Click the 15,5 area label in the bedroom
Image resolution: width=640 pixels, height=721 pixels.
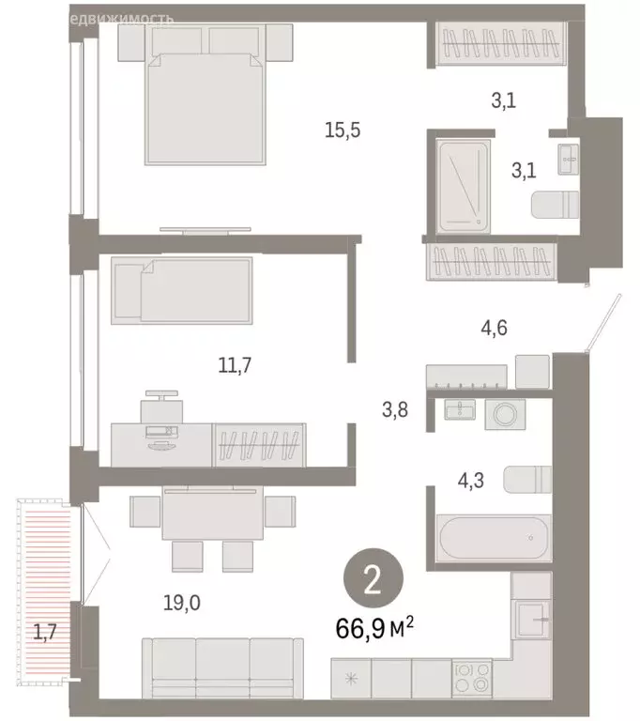click(343, 131)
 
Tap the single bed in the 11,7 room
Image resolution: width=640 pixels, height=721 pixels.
click(182, 291)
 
